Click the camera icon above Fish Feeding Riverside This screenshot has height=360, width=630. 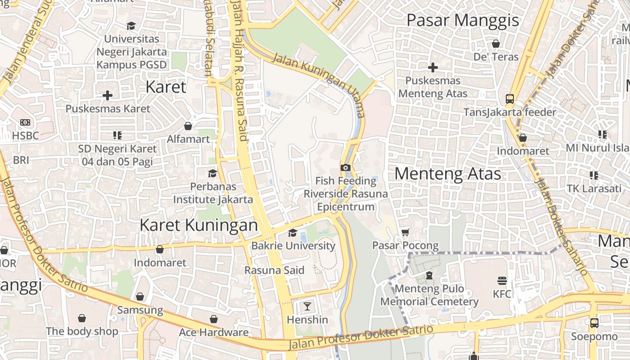point(345,168)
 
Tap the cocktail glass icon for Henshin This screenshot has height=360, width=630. point(307,307)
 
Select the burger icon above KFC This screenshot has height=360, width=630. point(502,281)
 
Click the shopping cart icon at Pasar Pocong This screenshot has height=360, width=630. point(405,232)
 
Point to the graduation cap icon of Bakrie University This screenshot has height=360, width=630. point(293,233)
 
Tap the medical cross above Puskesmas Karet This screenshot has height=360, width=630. point(108,95)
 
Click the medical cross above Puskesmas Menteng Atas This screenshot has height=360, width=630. point(433,67)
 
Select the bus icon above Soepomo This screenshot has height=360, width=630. point(594,323)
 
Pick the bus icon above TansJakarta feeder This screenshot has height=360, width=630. point(509,99)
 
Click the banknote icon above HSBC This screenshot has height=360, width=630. point(25,122)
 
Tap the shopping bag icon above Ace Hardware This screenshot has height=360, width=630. point(214,319)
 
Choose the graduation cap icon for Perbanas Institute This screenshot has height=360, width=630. point(212,173)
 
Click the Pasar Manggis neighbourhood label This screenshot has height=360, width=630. point(463,20)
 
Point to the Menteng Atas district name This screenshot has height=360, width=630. point(448,174)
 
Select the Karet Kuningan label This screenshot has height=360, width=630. point(198,225)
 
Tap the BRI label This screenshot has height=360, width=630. point(21,160)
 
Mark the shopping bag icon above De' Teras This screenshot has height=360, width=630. point(496,44)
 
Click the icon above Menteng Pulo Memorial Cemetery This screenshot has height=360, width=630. point(429,275)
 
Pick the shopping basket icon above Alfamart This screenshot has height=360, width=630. point(188,126)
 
